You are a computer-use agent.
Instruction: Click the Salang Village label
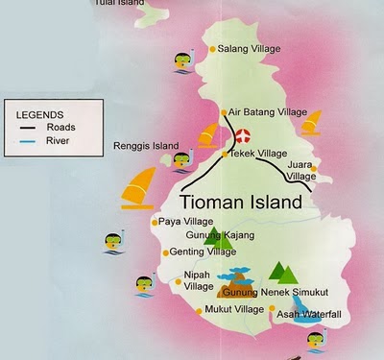[252, 49]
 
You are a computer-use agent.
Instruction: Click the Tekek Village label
[262, 154]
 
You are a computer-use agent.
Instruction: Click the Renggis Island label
[146, 147]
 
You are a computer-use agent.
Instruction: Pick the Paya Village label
[185, 222]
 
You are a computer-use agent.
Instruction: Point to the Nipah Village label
[198, 279]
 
